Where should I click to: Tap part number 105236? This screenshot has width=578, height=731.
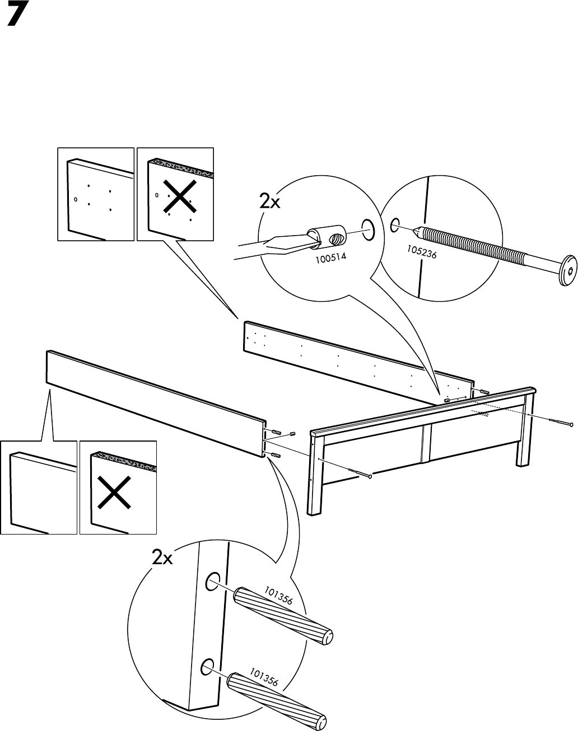tap(422, 254)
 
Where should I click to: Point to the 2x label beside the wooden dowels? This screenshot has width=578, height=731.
tap(162, 557)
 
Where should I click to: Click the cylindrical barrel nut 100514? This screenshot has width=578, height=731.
tap(327, 236)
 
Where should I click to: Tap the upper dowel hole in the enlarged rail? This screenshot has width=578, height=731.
tap(212, 583)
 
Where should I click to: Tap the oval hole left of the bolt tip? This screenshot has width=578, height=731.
tap(394, 226)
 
